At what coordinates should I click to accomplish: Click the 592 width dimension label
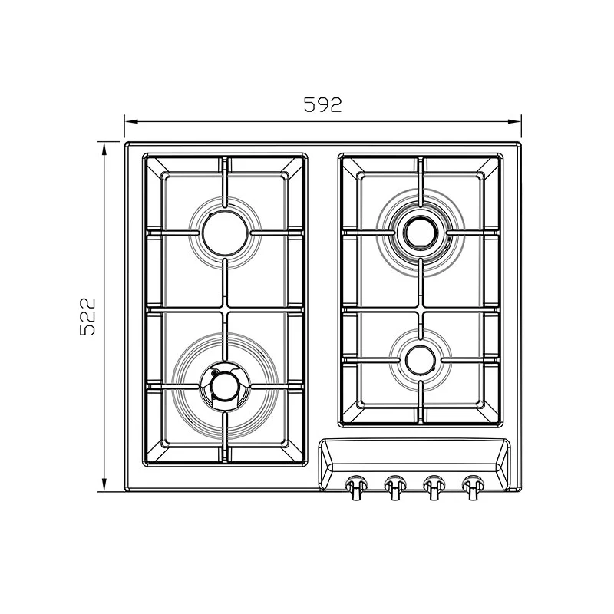pos(322,104)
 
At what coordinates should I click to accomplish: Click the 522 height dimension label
pos(87,316)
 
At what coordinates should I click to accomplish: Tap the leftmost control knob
pos(355,487)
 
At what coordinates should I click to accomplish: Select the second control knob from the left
pos(394,487)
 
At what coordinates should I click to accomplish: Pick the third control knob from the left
pos(433,487)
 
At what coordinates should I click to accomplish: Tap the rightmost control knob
pos(471,487)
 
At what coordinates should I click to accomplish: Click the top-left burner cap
pos(225,233)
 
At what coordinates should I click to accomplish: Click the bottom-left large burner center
pos(225,387)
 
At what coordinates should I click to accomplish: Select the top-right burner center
pos(420,233)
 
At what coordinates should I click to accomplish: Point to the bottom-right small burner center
pos(420,360)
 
